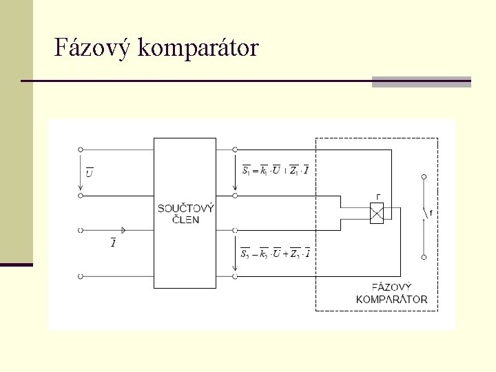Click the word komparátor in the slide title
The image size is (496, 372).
(x=198, y=48)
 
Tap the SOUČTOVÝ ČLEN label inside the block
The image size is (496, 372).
(x=185, y=214)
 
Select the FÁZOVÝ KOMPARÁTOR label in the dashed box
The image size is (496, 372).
(x=391, y=293)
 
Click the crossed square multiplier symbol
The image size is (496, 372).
(x=377, y=213)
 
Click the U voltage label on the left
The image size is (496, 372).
(x=89, y=172)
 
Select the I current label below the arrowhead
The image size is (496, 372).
(x=112, y=242)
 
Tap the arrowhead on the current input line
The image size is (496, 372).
(x=124, y=229)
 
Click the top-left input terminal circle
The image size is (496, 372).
(x=81, y=149)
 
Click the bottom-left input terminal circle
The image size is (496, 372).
(x=81, y=276)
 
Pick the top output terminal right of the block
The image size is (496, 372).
(x=236, y=149)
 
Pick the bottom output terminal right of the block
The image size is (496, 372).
(x=236, y=276)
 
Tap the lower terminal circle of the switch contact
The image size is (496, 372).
(x=424, y=257)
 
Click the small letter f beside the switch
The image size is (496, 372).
(x=431, y=214)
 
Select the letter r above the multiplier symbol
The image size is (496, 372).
(x=378, y=196)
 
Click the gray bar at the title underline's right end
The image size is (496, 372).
(x=421, y=82)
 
